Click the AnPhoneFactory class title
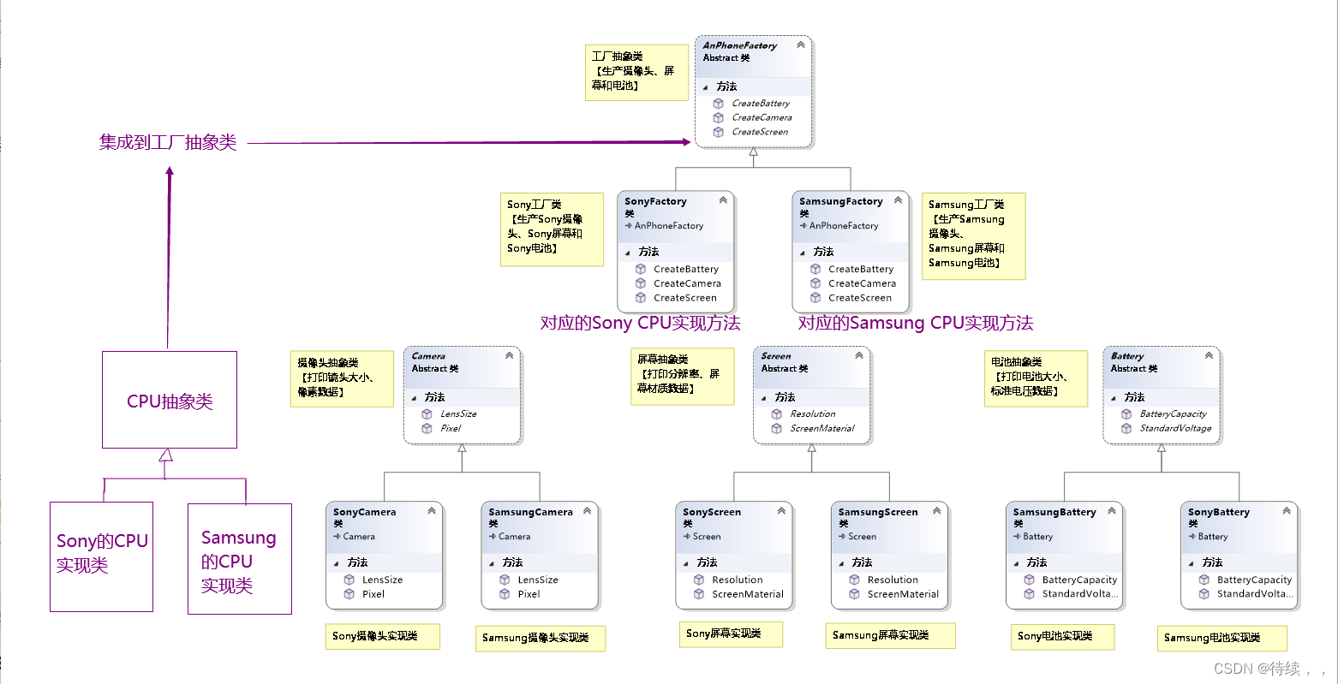coord(739,45)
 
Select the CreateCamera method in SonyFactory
coord(686,283)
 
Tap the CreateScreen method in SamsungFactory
coord(859,298)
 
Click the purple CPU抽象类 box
coord(170,401)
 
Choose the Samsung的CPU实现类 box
coord(239,560)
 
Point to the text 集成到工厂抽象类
coord(167,142)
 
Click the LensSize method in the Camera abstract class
coord(458,413)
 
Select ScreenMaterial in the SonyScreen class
coord(747,594)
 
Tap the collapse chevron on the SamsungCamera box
coord(588,511)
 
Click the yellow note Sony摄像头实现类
coord(382,636)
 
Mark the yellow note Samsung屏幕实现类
coord(891,635)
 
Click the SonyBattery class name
coord(1218,512)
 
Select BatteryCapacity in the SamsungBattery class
coord(1078,580)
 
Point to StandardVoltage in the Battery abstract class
coord(1175,428)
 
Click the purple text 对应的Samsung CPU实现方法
coord(915,323)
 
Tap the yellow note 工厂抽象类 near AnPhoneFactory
coord(636,72)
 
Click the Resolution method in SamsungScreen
coord(892,580)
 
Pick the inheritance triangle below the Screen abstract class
coord(811,447)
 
